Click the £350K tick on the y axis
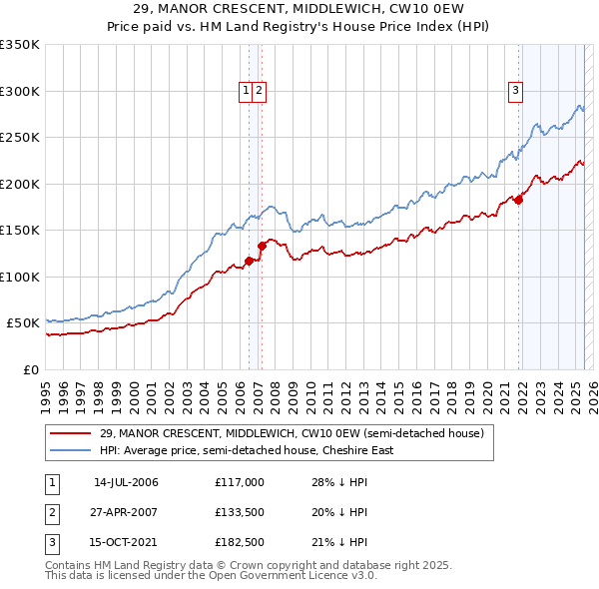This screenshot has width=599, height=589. point(19,45)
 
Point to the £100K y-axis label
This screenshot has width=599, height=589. point(19,277)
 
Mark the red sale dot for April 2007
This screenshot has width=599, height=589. point(262,245)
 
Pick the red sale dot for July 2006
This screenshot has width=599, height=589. point(249,261)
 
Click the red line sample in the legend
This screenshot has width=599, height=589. point(70,433)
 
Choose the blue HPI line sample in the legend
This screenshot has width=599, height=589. point(70,450)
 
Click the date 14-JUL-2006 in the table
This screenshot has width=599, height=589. point(126,482)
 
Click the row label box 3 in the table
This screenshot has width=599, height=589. point(51,542)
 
